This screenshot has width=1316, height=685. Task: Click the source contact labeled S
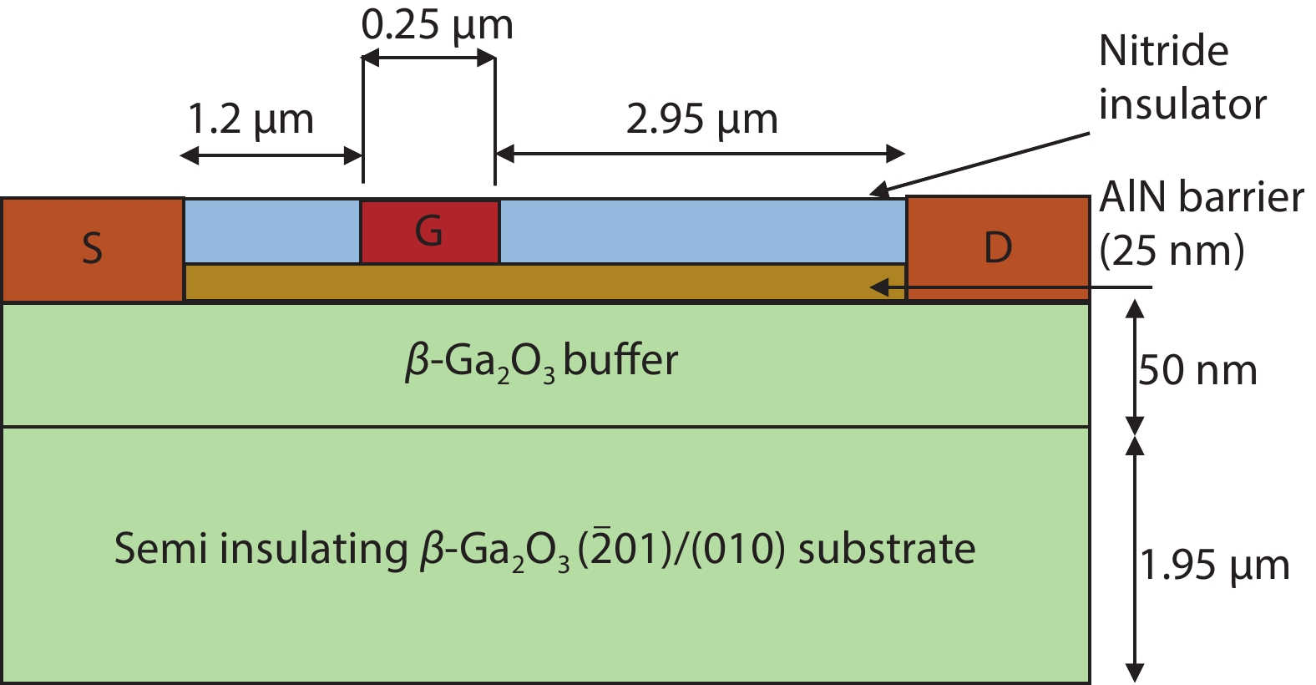(92, 249)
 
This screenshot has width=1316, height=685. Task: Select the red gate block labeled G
(429, 231)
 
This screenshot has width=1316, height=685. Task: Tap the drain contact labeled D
(998, 248)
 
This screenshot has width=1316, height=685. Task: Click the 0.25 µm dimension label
(437, 25)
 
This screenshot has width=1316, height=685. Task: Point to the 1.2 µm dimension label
(251, 119)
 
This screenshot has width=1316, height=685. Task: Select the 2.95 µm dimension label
(701, 119)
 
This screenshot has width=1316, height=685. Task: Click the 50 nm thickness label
(1197, 370)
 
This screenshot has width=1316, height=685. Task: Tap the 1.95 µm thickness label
(1215, 566)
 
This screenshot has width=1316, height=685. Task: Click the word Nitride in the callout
(1163, 51)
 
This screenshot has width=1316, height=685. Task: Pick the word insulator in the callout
(1182, 104)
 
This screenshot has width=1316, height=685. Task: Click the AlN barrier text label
(1201, 198)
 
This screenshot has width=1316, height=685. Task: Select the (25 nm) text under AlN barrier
(1172, 250)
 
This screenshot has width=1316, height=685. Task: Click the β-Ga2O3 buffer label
(541, 362)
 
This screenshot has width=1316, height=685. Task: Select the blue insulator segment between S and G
(271, 231)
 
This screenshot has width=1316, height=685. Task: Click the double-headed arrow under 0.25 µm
(429, 58)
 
